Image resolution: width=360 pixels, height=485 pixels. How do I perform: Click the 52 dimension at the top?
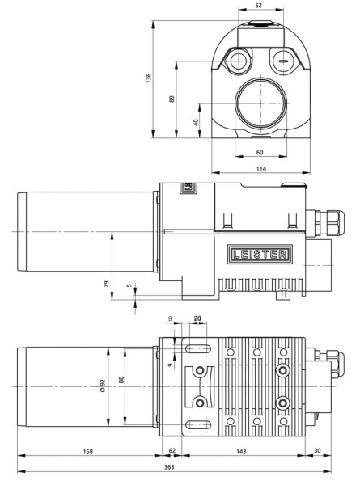coord(258,6)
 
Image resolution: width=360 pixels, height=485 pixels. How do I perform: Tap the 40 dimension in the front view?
coord(197,122)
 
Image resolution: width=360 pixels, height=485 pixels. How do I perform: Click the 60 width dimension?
coord(260,152)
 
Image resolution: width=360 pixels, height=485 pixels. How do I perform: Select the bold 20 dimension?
coord(198,319)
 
